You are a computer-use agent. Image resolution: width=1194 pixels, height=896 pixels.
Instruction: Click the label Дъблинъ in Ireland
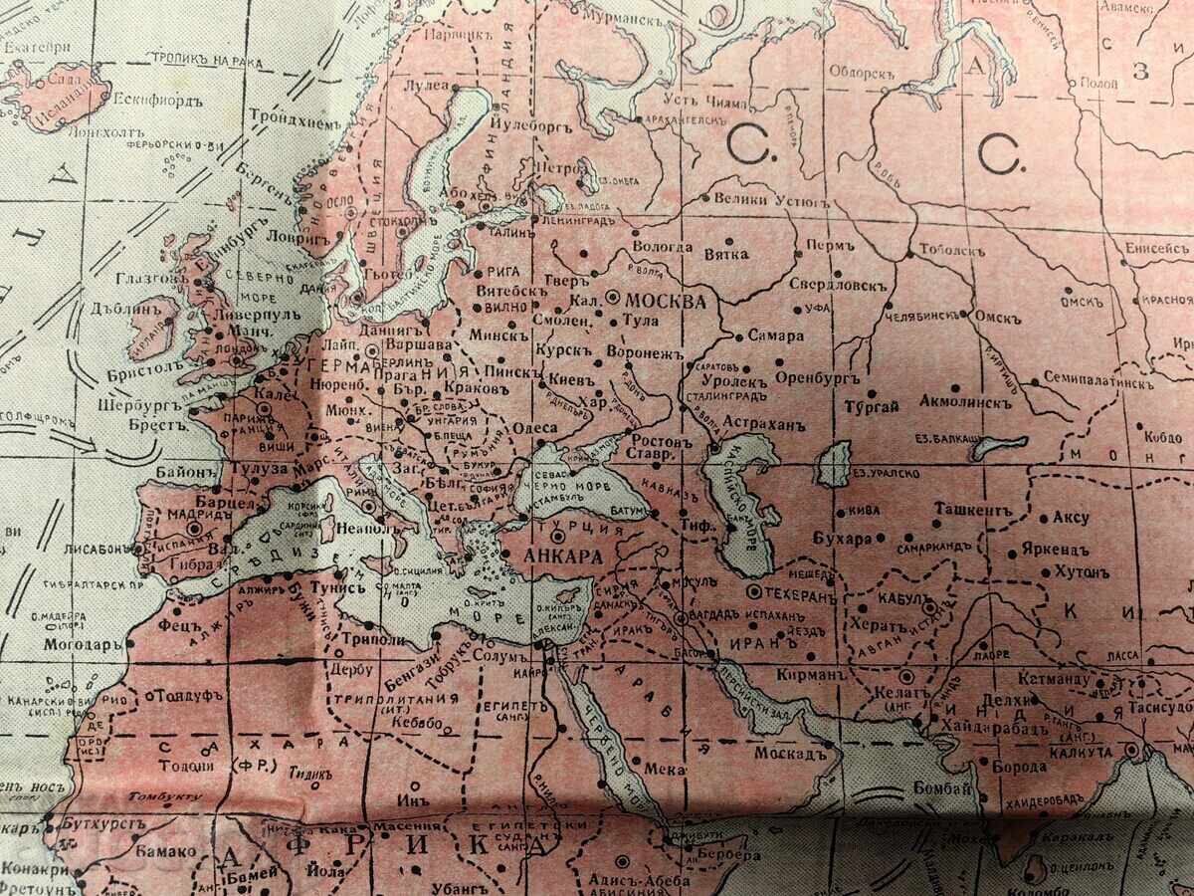[125, 310]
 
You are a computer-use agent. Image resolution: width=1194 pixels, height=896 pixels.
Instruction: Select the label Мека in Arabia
[665, 769]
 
